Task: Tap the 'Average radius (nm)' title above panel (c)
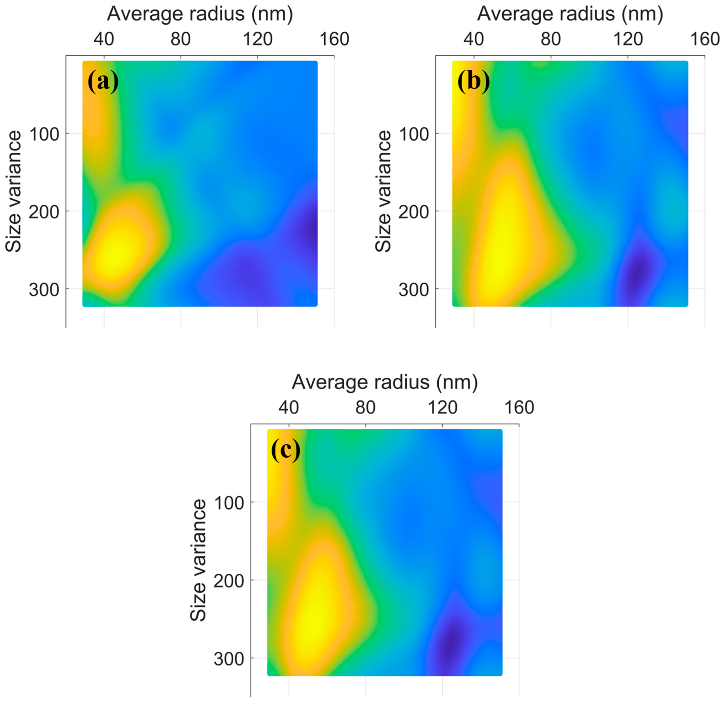385,382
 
